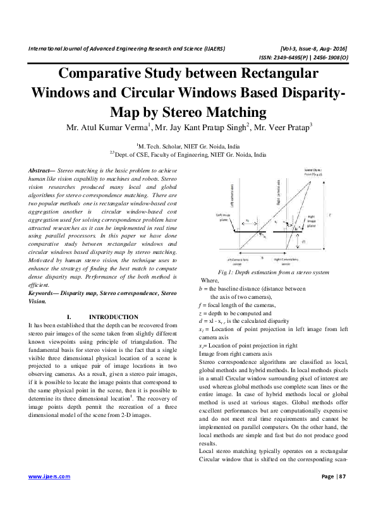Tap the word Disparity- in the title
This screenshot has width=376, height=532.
(x=306, y=93)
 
